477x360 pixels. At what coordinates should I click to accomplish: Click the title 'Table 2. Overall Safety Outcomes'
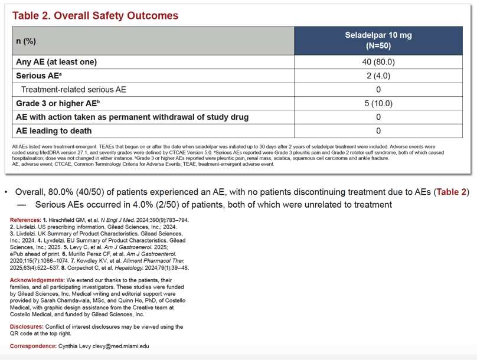coord(95,15)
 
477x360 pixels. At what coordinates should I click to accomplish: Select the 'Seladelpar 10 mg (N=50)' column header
coord(378,41)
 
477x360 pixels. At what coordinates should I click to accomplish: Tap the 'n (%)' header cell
coord(26,41)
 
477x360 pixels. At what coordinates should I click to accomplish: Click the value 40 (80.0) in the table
coord(378,62)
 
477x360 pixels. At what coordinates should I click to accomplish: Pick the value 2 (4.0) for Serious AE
coord(378,76)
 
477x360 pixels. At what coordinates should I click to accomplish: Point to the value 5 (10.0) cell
coord(378,103)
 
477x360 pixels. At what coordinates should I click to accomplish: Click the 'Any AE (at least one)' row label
coord(56,62)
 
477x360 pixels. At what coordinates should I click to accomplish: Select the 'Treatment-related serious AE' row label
coord(73,90)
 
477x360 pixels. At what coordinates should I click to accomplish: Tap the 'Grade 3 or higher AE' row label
coord(58,103)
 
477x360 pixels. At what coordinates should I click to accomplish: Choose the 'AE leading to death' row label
coord(54,131)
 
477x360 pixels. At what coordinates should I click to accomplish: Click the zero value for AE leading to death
coord(378,131)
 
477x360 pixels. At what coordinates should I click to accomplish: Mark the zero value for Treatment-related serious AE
coord(378,90)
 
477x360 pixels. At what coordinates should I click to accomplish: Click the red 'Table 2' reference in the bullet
coord(451,192)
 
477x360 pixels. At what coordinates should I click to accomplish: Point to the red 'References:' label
coord(25,220)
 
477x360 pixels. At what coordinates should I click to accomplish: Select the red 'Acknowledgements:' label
coord(37,280)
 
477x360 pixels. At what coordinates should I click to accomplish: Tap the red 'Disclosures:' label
coord(27,326)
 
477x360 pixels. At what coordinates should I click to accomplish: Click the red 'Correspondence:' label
coord(33,346)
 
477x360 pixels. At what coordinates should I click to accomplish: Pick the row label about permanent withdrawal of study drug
coord(132,117)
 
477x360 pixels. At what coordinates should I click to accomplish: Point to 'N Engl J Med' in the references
coord(117,220)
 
